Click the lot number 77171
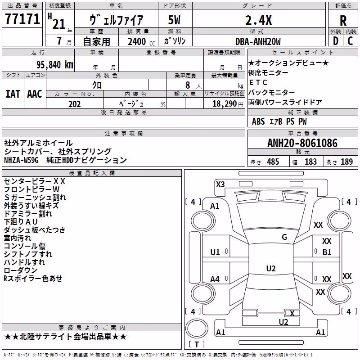[x=22, y=19]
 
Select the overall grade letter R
[x=343, y=21]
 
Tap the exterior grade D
[x=336, y=41]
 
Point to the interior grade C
[x=350, y=41]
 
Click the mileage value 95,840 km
[x=54, y=65]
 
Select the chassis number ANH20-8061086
[x=302, y=143]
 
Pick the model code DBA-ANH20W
[x=258, y=41]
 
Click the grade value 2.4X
[x=258, y=20]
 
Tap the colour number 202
[x=74, y=104]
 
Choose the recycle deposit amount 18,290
[x=225, y=104]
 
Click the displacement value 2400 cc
[x=141, y=41]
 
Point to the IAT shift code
[x=13, y=94]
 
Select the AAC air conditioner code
[x=35, y=94]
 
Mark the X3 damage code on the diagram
[x=220, y=184]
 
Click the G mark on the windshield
[x=284, y=237]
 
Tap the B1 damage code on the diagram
[x=327, y=252]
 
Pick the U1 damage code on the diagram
[x=215, y=252]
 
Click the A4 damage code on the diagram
[x=215, y=279]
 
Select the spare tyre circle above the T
[x=197, y=328]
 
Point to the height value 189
[x=346, y=162]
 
